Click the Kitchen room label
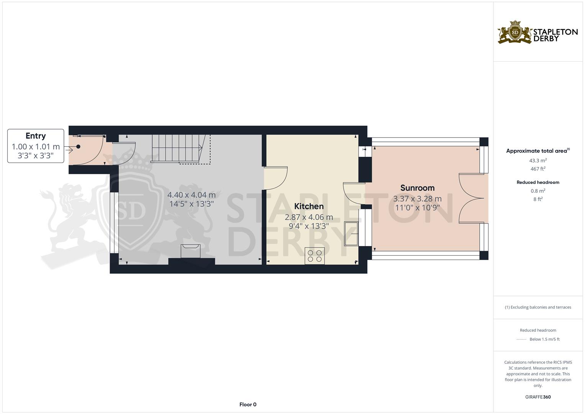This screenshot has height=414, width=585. coord(309,206)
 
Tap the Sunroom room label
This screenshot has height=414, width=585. coord(417,188)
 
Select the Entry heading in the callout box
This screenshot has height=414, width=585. coord(36,136)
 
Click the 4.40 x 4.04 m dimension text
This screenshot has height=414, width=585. coord(192,195)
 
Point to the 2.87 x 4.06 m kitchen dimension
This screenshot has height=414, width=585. coord(309,217)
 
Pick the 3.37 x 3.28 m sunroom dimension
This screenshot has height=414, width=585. coord(417,199)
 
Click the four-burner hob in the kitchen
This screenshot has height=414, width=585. coord(315,256)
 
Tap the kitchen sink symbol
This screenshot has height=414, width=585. coord(351,234)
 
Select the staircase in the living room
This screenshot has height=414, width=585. coord(180,149)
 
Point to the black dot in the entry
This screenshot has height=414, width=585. coord(78,146)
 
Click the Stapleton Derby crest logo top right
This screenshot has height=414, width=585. coord(515,33)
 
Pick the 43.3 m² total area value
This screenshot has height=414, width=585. coord(538,161)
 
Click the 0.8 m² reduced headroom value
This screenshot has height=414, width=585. coord(538,191)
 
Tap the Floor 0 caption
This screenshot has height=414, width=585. coord(248,404)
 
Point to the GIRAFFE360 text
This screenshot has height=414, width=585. coord(538,397)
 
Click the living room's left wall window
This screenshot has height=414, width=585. coord(114,223)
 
